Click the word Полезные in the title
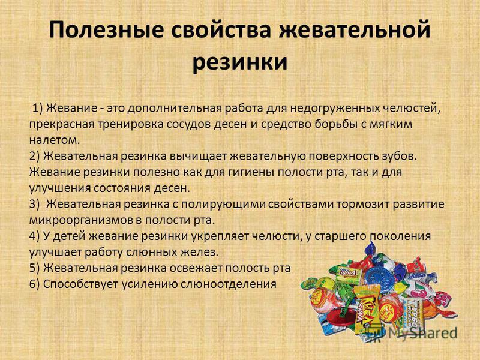pos(106,30)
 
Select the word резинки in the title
pos(240,62)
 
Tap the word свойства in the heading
pos(221,30)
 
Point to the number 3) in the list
pos(34,204)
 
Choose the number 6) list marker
pos(34,284)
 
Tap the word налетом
pos(55,140)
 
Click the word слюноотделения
pos(228,284)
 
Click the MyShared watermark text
pos(423,333)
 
